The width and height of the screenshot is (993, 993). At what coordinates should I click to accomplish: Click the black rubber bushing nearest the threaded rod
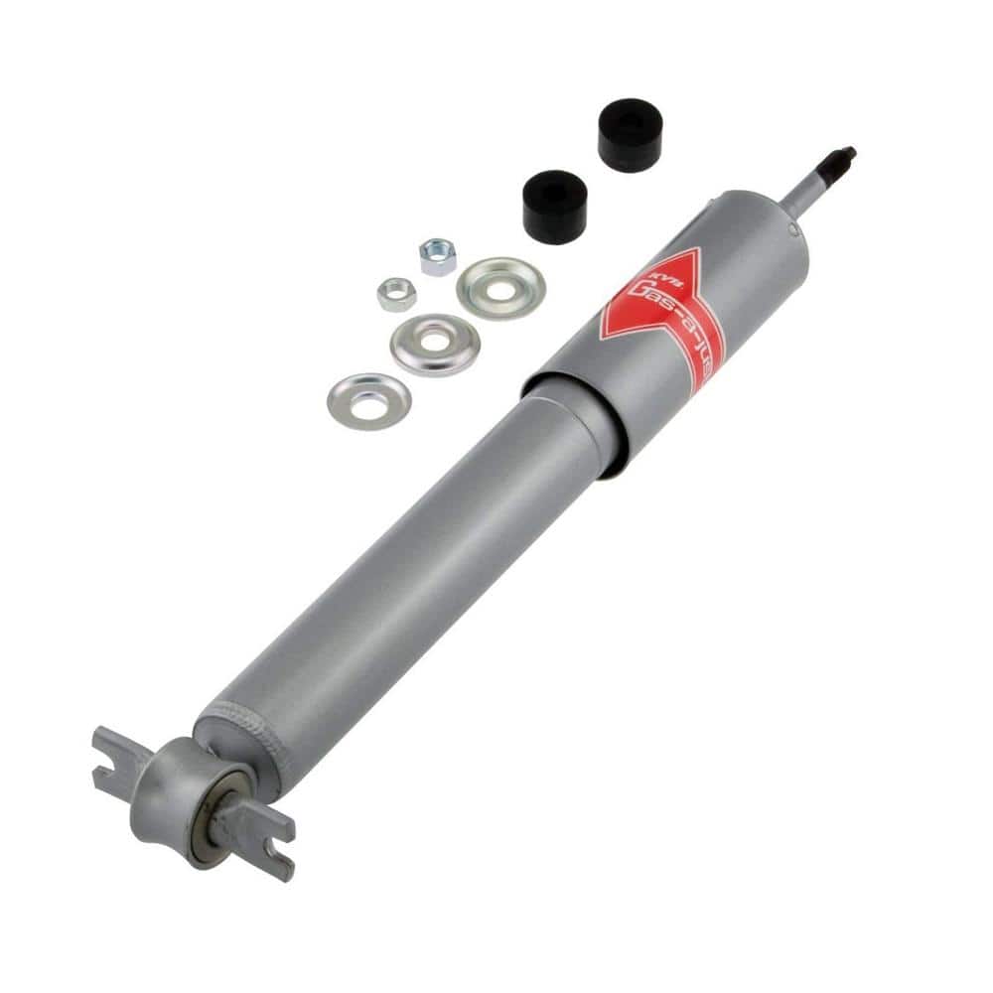[630, 134]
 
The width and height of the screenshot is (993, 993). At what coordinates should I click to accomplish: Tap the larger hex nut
[437, 256]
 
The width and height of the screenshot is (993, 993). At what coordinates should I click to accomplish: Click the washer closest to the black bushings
[500, 287]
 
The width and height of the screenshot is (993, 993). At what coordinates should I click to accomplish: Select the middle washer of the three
[434, 344]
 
